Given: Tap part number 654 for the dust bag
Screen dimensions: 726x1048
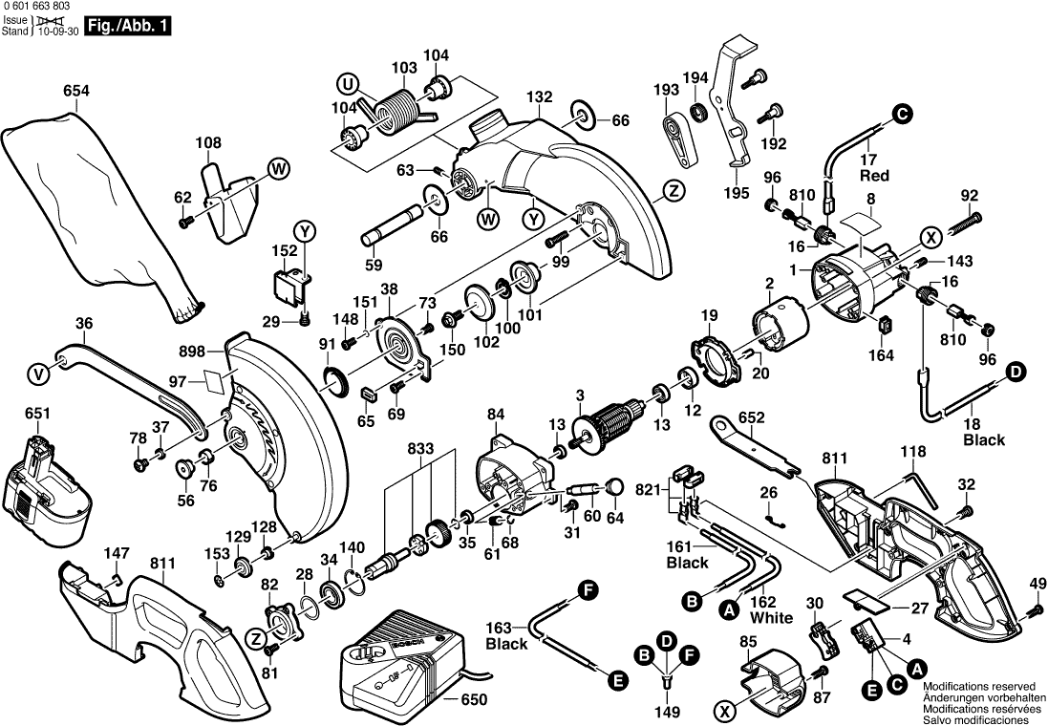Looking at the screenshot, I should click(x=76, y=92).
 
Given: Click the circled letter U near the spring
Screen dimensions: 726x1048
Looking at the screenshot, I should click(x=349, y=84).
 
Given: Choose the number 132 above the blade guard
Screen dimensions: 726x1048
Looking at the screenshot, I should click(x=540, y=97).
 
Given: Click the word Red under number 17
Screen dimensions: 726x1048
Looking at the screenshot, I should click(x=874, y=176).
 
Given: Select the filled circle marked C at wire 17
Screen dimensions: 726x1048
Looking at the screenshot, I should click(x=901, y=113).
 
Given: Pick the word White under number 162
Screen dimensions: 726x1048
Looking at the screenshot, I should click(x=771, y=617).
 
